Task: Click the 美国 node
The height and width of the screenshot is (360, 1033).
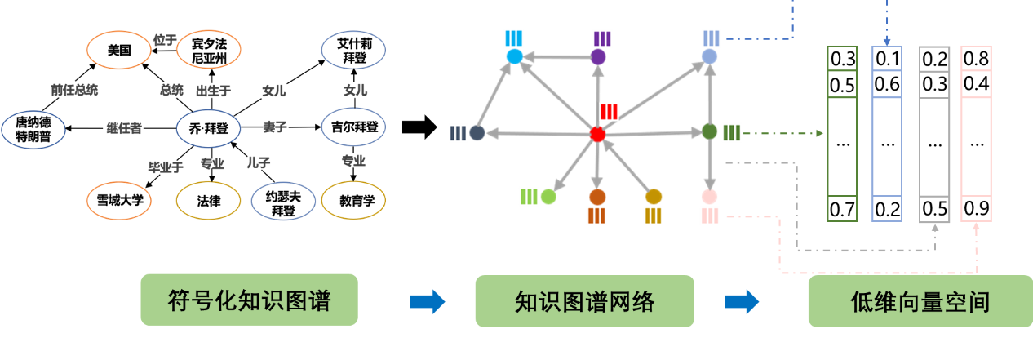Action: (119, 51)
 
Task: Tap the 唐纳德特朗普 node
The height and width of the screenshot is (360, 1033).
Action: (33, 129)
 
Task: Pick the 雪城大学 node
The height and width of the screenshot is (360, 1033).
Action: (119, 199)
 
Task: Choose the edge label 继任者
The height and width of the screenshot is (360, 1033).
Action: (124, 127)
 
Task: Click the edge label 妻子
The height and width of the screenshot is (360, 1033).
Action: (274, 127)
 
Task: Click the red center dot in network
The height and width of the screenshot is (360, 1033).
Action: (597, 134)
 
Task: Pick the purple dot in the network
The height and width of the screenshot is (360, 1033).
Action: (598, 57)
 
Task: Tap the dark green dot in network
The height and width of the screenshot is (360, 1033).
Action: (709, 131)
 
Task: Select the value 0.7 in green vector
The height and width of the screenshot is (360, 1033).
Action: (843, 209)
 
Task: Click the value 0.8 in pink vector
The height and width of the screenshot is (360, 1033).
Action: (976, 59)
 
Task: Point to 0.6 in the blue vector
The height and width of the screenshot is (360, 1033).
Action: (887, 84)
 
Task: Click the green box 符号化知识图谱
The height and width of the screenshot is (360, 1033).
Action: (249, 301)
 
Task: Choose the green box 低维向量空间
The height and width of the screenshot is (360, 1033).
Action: (919, 301)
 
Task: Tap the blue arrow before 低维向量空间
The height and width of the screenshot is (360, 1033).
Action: (741, 302)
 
